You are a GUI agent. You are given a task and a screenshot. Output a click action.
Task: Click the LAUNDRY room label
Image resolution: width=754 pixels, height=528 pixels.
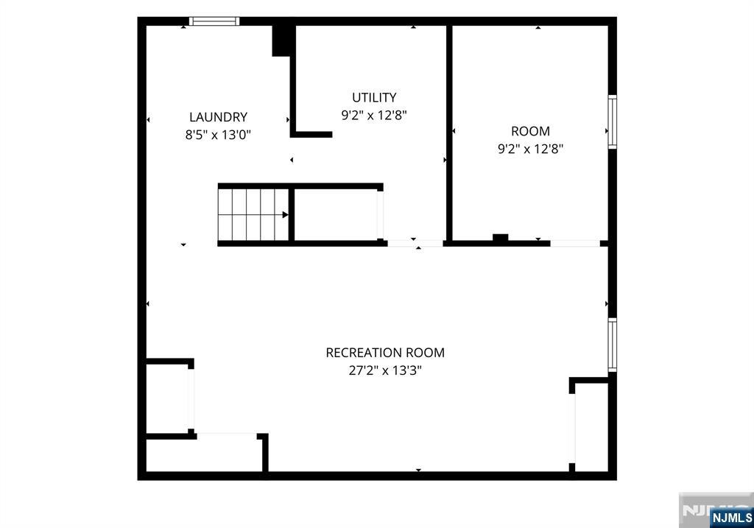(218, 117)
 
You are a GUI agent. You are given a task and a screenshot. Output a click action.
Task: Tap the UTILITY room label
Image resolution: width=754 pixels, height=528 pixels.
(374, 98)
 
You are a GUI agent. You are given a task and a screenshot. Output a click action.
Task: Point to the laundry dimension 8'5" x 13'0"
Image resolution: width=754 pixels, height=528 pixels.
(218, 135)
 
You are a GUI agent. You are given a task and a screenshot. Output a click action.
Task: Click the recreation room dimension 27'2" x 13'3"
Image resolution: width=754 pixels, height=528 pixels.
(385, 370)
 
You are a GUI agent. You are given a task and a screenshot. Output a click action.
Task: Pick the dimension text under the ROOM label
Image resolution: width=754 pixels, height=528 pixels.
(530, 149)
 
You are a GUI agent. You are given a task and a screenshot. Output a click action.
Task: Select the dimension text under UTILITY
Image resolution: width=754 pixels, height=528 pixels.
(374, 116)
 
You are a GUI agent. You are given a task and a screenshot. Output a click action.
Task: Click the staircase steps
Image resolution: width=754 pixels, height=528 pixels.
(253, 214)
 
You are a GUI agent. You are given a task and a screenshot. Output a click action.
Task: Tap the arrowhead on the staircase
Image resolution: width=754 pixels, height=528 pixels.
(285, 214)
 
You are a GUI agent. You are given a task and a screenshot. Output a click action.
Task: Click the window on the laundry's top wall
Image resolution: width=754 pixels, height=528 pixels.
(214, 21)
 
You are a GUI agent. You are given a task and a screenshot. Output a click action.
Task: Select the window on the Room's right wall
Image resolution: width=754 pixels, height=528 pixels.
(612, 122)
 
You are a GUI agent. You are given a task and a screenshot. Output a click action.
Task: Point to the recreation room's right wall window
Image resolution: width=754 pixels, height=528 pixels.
(612, 345)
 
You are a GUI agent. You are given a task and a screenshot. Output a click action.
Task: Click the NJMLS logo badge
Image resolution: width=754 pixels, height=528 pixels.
(731, 518)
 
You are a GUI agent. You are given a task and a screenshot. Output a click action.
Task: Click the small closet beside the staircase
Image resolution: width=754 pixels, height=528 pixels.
(336, 214)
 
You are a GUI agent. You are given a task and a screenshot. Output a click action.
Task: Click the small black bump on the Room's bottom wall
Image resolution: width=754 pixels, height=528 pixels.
(500, 237)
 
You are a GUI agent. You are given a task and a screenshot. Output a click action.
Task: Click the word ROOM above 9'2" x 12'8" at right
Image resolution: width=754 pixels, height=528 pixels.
(530, 131)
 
